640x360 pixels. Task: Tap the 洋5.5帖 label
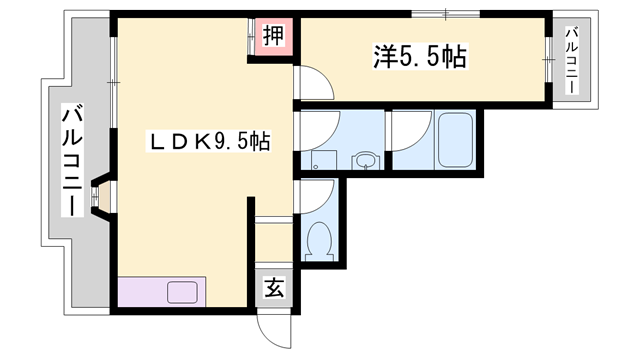pos(420,58)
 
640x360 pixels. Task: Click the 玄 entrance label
pos(274,289)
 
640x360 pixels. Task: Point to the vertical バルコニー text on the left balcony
pos(71,160)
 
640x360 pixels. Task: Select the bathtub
pos(460,141)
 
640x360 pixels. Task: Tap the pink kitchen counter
pos(160,293)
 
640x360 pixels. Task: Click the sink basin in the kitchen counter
pos(182,293)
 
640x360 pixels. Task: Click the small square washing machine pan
pos(321,158)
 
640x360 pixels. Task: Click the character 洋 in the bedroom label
pos(385,58)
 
